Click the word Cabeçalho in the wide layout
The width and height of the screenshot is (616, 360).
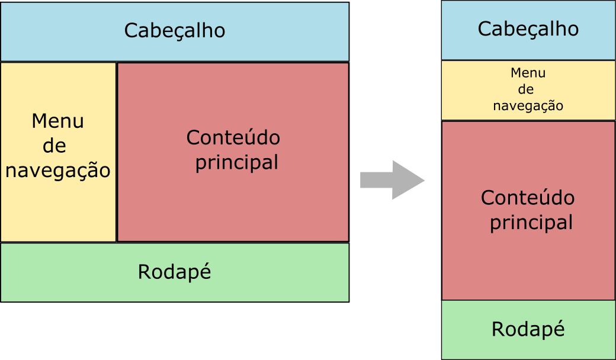tap(175, 30)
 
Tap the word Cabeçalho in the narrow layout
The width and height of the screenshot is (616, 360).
tap(528, 28)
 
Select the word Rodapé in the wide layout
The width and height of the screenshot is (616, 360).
tap(175, 272)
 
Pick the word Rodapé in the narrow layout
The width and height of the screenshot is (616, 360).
tap(528, 329)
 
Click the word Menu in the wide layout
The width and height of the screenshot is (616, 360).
tap(58, 121)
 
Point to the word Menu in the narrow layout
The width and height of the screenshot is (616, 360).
tap(528, 73)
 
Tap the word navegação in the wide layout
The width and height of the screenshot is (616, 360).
tap(58, 171)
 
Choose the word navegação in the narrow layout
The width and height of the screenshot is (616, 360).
tap(528, 106)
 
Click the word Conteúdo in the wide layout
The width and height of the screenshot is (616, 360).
tap(233, 137)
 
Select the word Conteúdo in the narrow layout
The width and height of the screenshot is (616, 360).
tap(528, 197)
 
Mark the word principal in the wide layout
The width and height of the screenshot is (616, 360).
tap(236, 162)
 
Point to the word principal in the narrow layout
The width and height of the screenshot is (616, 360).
tap(531, 223)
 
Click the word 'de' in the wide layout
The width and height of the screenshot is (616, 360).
tap(54, 146)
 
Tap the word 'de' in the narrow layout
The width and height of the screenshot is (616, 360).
tap(526, 89)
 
